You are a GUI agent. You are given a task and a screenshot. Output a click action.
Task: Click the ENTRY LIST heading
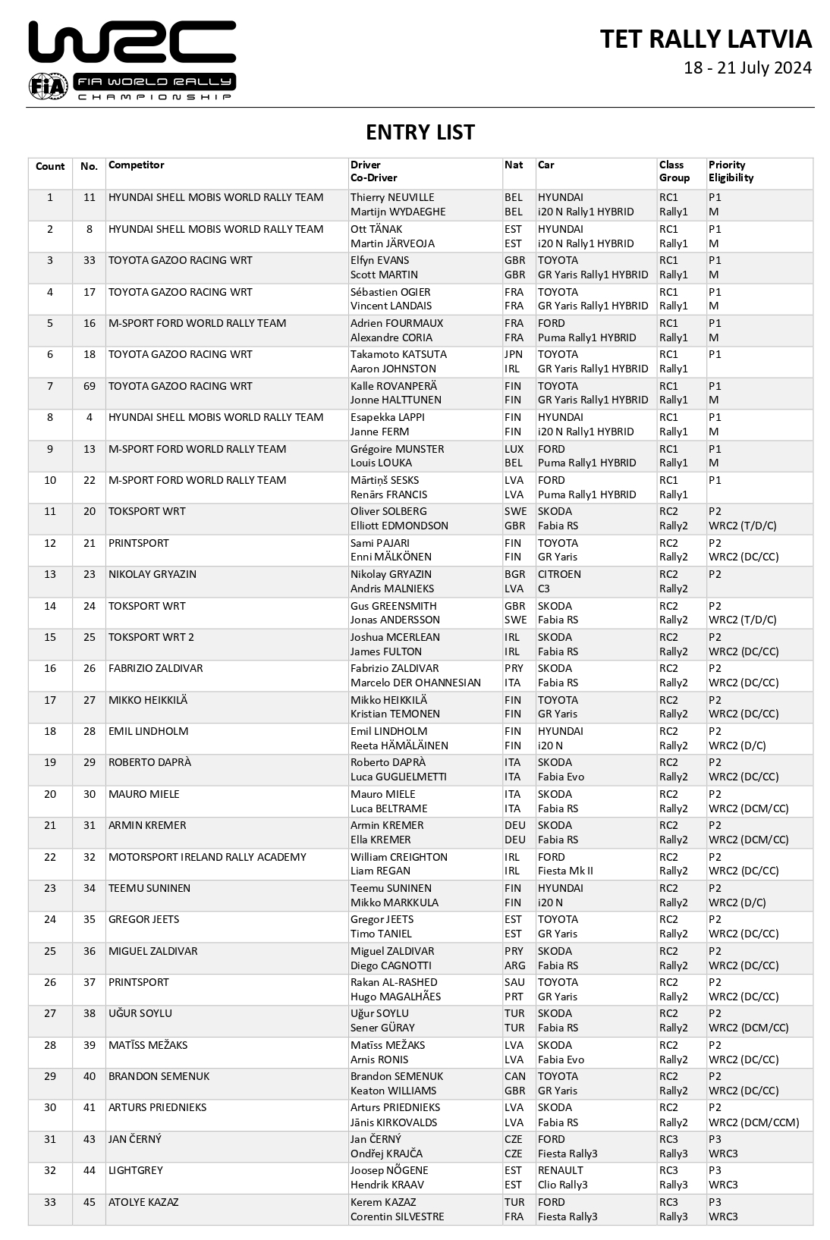420,133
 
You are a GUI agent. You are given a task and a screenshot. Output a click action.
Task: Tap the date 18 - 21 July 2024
747,68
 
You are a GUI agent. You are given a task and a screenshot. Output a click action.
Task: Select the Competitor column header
137,165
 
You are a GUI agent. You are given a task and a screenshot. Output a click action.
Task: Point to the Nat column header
514,165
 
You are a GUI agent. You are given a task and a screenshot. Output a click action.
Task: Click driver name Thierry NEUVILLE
392,198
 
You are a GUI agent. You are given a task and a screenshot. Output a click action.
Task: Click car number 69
90,386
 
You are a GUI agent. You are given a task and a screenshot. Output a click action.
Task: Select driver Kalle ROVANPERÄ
393,386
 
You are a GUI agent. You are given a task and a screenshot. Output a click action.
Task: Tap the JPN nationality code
514,354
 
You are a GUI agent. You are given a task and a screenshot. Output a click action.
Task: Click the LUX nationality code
514,449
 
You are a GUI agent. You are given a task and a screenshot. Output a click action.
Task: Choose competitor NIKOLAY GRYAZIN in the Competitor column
152,574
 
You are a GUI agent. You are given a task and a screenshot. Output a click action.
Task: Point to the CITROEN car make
559,574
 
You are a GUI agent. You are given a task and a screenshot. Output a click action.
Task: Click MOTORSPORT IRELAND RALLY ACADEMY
207,857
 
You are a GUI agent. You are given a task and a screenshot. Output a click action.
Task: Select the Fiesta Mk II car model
565,871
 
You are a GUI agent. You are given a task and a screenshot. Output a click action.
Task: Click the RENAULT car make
560,1170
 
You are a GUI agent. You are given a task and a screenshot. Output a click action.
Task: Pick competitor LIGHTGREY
136,1170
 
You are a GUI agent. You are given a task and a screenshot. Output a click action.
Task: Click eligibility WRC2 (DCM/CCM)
753,1122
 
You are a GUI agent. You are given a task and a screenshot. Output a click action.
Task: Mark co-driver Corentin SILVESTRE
397,1216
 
